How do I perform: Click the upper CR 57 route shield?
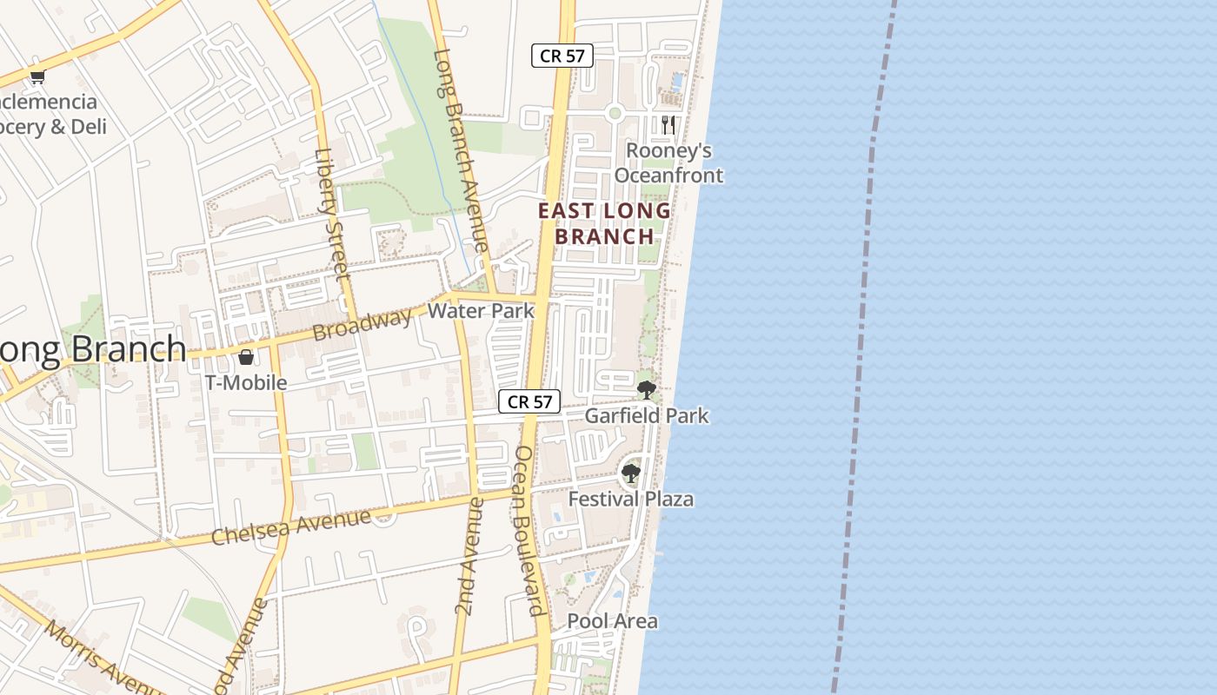click(x=562, y=56)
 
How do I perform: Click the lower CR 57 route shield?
click(x=529, y=401)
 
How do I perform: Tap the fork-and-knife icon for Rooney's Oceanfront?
click(x=668, y=124)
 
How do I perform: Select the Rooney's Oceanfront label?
click(x=668, y=163)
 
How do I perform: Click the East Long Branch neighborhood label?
click(x=604, y=223)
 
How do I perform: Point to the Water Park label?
click(x=481, y=311)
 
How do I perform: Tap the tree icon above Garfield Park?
click(x=646, y=389)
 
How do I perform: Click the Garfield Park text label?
click(x=646, y=416)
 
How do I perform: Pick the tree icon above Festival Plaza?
click(x=630, y=473)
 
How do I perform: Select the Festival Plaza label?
click(x=630, y=500)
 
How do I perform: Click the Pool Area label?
click(x=612, y=621)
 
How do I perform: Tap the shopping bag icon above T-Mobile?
click(x=246, y=356)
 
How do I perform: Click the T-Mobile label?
click(x=246, y=382)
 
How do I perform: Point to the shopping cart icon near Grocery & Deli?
click(x=37, y=77)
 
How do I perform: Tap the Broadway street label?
click(x=362, y=325)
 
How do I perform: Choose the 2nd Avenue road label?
click(x=468, y=557)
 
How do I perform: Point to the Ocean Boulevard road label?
click(x=529, y=530)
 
